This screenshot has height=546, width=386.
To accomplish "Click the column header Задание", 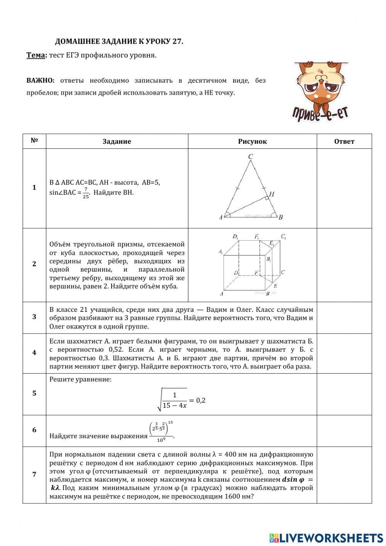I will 117,141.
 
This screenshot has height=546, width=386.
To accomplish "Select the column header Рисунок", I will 252,141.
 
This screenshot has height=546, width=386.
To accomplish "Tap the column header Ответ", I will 344,141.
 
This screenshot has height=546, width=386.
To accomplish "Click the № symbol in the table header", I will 34,141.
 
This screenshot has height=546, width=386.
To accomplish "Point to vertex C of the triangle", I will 251,156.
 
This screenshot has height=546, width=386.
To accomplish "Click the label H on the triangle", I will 272,194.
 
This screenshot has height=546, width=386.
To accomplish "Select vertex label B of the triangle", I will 281,217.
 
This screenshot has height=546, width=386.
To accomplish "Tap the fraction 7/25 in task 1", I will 86,193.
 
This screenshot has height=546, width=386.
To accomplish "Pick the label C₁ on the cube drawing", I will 283,236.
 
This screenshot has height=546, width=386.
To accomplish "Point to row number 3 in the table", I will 34,317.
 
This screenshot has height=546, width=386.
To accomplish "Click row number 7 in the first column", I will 34,475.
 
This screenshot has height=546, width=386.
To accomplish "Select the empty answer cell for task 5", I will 344,394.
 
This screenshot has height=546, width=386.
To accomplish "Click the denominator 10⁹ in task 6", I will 161,439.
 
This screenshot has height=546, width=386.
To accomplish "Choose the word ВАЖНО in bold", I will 41,80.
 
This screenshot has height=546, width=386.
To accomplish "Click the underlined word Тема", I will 36,55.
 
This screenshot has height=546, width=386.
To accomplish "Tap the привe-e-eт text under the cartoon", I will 320,112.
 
